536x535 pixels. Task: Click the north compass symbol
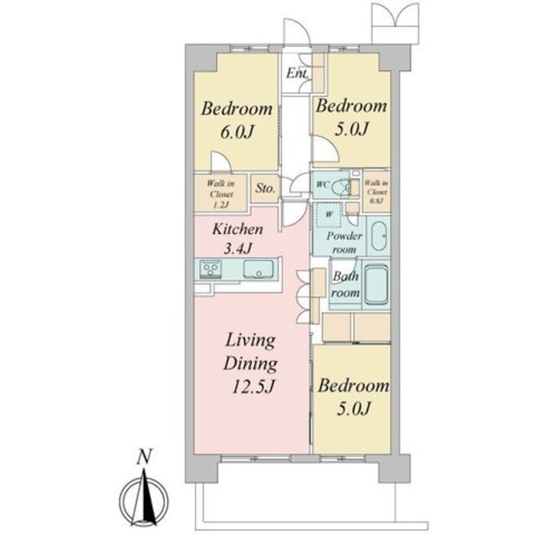coord(144,497)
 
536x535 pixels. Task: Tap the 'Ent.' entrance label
coord(297,73)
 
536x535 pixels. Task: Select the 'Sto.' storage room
coord(266,188)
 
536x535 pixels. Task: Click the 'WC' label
coord(323,185)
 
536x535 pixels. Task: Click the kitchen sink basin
coord(258,268)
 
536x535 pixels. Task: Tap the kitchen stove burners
coord(210,268)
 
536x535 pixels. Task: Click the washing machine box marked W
coord(329,215)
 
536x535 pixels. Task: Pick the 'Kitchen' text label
coord(237,229)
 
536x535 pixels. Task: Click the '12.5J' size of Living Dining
coord(253,387)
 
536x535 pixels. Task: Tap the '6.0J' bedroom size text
coord(237,132)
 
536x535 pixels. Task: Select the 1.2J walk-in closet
coord(221,194)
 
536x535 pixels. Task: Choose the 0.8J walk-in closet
coord(377,191)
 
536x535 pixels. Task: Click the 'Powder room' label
coord(345,242)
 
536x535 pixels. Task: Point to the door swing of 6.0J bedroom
coord(221,160)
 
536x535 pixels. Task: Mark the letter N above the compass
coord(144,457)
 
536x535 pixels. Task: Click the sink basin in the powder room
coord(379,236)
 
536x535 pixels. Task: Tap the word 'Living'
coord(251,341)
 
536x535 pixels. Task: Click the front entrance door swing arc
coord(297,32)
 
